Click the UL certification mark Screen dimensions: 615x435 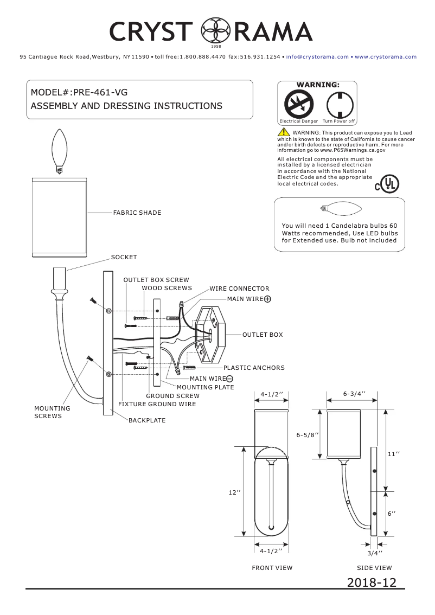pos(387,184)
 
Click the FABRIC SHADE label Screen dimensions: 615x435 pos(137,213)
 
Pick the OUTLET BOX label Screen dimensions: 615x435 pos(263,335)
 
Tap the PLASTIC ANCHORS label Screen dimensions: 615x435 pos(254,368)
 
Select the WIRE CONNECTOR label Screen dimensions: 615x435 pos(239,289)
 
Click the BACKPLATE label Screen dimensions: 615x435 pos(147,420)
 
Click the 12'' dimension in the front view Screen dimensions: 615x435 pos(234,492)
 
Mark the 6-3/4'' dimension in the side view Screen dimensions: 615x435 pos(354,393)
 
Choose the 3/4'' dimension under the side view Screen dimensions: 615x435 pos(375,553)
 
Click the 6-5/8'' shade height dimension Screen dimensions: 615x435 pos(307,435)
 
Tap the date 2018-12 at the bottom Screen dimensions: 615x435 pos(372,582)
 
